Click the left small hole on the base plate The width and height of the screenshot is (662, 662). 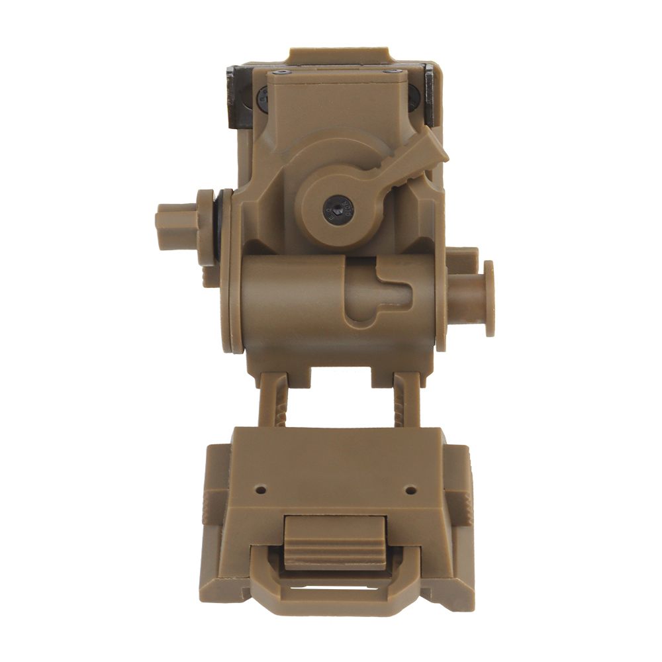260,491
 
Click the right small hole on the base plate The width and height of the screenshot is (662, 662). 410,491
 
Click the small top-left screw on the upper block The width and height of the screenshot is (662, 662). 283,70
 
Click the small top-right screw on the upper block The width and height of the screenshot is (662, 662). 393,70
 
